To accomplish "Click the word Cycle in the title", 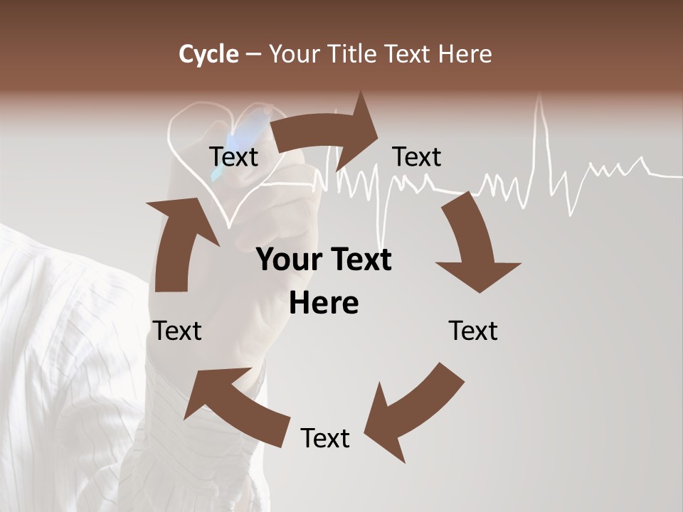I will tap(208, 54).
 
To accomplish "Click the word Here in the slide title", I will tap(465, 54).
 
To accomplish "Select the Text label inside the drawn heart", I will tap(234, 156).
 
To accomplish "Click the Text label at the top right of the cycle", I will tap(417, 156).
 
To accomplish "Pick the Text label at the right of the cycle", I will tap(473, 331).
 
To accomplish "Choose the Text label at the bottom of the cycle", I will tap(325, 438).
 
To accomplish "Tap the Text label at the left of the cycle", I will tap(178, 331).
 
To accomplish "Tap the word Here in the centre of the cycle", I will tap(324, 304).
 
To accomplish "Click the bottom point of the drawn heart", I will tap(228, 226).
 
